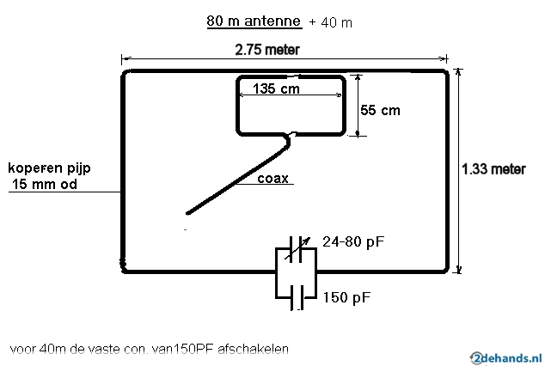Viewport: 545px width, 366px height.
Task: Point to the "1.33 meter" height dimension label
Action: tap(493, 169)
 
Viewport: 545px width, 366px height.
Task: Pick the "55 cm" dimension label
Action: tap(380, 111)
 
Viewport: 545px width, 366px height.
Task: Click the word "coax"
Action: tap(274, 180)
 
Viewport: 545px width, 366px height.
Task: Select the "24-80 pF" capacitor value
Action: tap(352, 241)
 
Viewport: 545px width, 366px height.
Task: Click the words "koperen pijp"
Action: tap(48, 168)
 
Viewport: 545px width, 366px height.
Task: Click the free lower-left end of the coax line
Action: tap(187, 213)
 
